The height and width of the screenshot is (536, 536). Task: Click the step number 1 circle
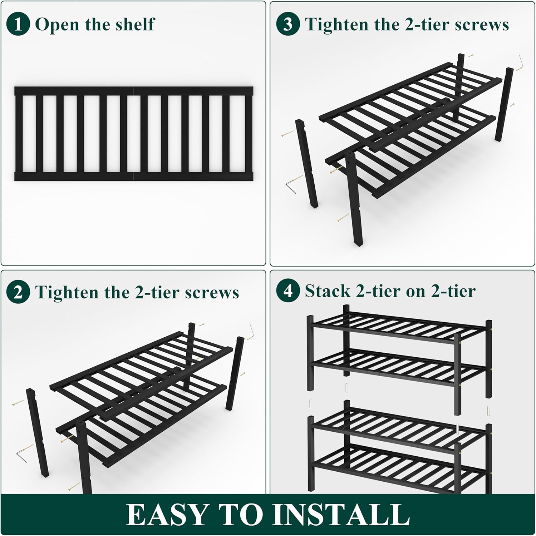[18, 24]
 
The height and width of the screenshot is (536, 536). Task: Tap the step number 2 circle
[18, 292]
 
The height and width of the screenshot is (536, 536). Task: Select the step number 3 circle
[288, 24]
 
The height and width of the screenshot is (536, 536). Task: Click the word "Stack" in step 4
[327, 291]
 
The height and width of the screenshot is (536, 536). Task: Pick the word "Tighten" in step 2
[67, 292]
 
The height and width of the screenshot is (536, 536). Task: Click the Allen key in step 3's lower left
[291, 187]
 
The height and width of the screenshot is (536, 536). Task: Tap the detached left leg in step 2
[37, 432]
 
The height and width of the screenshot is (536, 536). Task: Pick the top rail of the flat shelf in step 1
[134, 91]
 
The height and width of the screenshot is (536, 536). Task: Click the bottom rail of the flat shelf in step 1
[134, 176]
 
